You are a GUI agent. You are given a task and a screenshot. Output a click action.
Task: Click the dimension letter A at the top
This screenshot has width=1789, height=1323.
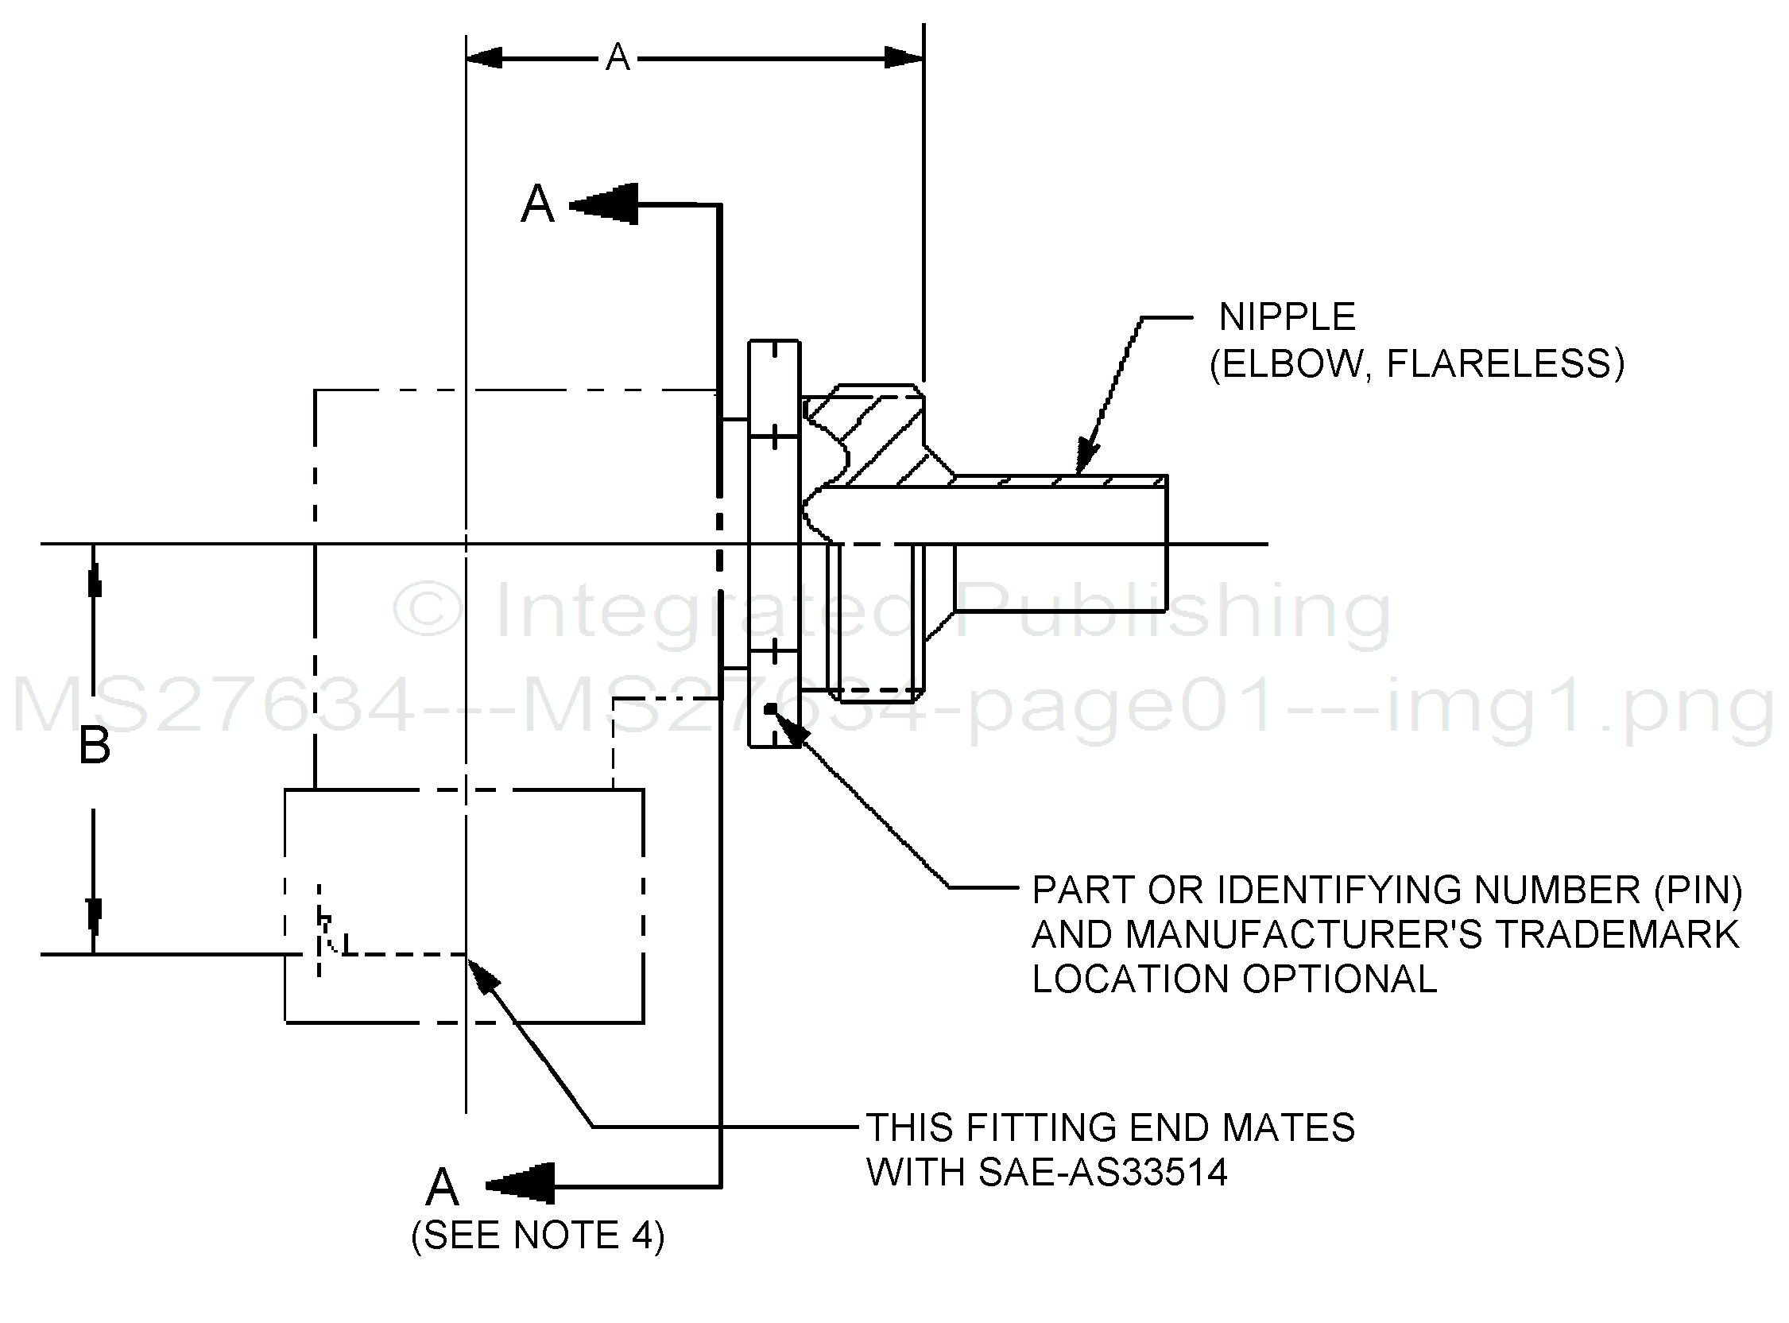click(x=618, y=58)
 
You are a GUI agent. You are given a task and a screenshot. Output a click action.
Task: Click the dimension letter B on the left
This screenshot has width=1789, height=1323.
click(x=95, y=747)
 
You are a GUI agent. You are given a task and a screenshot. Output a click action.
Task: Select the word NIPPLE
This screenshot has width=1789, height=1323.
click(x=1288, y=317)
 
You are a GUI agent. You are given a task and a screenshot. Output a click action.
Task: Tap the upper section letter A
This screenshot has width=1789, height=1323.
click(x=537, y=204)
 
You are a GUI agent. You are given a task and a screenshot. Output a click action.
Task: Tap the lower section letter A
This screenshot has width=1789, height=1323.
click(x=443, y=1187)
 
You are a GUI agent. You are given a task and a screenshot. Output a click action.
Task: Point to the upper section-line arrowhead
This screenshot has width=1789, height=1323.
click(x=603, y=205)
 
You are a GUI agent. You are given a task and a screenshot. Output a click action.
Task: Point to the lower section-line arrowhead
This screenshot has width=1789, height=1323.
click(x=520, y=1185)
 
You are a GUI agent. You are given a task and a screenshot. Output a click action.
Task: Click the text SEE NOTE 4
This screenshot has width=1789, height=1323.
click(x=538, y=1236)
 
